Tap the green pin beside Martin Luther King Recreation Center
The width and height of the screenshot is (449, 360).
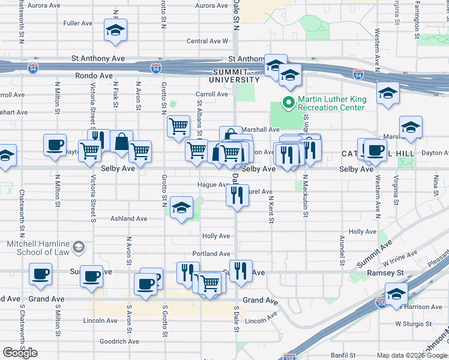[288, 103]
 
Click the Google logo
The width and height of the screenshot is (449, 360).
[20, 353]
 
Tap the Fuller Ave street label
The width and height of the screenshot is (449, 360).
[77, 23]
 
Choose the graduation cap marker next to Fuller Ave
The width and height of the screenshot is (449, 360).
[115, 31]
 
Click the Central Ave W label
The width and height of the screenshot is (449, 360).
[208, 41]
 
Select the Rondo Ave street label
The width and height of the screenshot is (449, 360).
[94, 76]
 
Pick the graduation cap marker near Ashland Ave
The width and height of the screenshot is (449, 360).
[181, 208]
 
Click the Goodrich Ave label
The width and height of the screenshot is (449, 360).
[119, 341]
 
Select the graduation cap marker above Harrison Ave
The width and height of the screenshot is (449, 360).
[396, 295]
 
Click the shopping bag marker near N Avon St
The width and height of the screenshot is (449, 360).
[121, 143]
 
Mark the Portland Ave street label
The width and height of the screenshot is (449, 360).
[211, 254]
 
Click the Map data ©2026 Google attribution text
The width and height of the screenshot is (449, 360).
[411, 355]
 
